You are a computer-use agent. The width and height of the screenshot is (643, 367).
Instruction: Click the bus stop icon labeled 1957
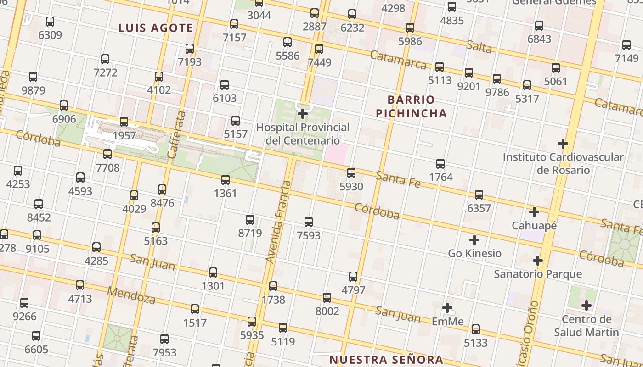124,122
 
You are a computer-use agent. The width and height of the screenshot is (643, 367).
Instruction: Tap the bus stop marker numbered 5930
351,173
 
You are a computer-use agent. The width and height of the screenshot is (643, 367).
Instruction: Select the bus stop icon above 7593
309,222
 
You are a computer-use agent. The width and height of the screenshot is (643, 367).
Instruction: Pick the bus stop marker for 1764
440,163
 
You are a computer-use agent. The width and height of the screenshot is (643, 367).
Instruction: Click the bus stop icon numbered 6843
539,26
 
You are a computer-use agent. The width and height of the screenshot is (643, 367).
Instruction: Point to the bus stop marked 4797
353,277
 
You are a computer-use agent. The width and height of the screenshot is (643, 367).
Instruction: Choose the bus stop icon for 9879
33,77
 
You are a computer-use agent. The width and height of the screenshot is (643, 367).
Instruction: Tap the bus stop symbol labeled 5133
476,329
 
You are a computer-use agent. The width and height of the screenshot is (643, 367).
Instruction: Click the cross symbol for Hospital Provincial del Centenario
303,114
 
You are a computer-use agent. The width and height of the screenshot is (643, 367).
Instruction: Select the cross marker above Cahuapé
534,212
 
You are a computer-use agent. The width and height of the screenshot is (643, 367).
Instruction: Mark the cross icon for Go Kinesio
474,240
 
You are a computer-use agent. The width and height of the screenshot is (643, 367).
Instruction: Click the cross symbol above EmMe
447,308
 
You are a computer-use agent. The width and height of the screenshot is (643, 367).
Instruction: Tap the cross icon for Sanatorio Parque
538,261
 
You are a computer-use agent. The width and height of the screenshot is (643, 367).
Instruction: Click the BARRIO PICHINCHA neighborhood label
411,106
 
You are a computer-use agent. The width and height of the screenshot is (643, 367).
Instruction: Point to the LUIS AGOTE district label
156,28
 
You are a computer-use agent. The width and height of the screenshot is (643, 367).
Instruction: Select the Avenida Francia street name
279,222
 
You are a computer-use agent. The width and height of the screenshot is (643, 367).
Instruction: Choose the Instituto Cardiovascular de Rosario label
563,163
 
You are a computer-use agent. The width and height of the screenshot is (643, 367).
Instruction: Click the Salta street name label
479,46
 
